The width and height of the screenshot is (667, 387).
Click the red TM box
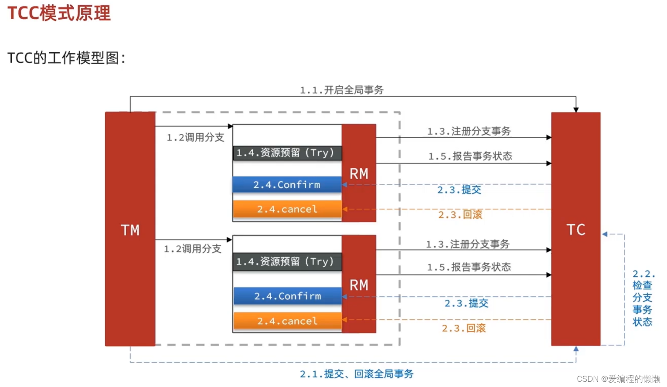click(130, 229)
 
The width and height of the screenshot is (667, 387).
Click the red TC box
click(575, 229)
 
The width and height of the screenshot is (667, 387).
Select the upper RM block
click(359, 173)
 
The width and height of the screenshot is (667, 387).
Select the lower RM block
click(359, 284)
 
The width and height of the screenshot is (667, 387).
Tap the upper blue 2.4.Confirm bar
click(287, 184)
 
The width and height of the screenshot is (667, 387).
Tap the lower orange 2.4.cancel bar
click(287, 321)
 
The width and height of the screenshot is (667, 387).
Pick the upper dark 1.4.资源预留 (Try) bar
click(287, 153)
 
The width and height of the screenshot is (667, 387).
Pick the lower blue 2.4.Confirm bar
click(287, 296)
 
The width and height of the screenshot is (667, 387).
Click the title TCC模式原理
click(59, 13)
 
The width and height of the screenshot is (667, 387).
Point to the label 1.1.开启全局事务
click(341, 90)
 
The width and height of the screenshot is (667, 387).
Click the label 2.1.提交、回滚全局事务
click(356, 374)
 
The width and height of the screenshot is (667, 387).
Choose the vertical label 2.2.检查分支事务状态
click(643, 298)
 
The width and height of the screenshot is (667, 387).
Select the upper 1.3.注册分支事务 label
click(469, 131)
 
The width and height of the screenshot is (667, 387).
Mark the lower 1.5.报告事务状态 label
click(469, 267)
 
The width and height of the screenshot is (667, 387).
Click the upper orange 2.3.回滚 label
click(460, 214)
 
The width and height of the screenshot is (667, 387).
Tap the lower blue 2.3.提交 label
click(466, 303)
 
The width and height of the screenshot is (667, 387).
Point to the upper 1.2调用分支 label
click(195, 137)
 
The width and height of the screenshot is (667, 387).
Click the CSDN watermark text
click(618, 379)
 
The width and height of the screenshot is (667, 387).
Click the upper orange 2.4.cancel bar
click(287, 209)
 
